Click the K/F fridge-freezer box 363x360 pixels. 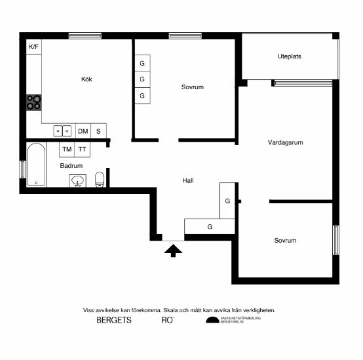(33, 47)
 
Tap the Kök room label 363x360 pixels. (86, 79)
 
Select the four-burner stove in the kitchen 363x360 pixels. (33, 102)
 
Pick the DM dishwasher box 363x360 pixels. (83, 131)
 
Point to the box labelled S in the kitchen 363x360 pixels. (99, 131)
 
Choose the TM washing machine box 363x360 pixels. (67, 150)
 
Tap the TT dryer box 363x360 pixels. (83, 150)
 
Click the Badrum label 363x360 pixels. (71, 166)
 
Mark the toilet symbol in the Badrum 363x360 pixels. (100, 179)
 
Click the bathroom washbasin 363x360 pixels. (78, 180)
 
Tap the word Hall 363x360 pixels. (188, 180)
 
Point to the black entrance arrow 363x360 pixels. (173, 250)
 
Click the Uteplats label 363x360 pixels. (289, 56)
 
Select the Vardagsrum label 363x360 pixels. (286, 142)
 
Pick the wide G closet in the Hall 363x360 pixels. (210, 227)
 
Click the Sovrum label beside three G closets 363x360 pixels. (193, 87)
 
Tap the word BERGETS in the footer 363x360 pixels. (114, 321)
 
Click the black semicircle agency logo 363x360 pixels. (212, 321)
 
